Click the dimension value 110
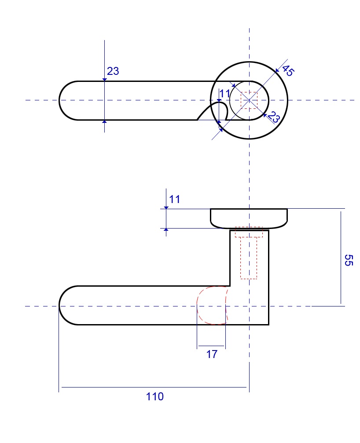coord(154,396)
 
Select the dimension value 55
coord(348,260)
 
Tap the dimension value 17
coord(212,354)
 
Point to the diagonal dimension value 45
coord(287,70)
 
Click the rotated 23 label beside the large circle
coord(274,118)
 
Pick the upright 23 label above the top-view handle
coord(113,71)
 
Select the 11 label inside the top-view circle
coord(225,93)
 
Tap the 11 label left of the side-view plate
coord(175,199)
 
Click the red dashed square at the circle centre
coord(249,100)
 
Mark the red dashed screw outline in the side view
coord(249,255)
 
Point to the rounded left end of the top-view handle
coord(66,100)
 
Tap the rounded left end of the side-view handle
coord(66,306)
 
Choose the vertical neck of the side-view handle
coord(249,264)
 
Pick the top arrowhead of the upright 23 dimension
coord(104,79)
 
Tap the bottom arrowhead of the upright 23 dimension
coord(104,121)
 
